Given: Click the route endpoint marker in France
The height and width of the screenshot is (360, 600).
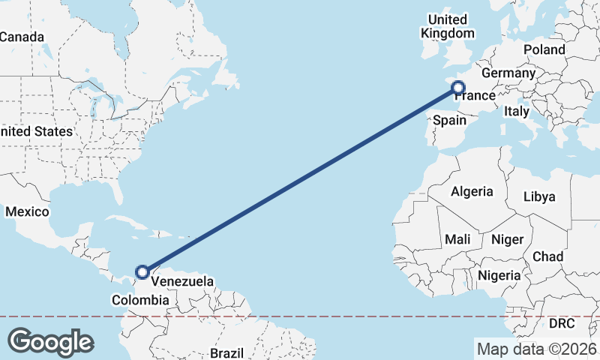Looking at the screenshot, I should [x=458, y=88].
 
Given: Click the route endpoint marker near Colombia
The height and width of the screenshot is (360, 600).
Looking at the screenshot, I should [x=142, y=272].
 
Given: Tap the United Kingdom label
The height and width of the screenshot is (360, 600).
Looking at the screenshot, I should [x=448, y=26].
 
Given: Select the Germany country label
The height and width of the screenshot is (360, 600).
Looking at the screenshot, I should [x=508, y=73].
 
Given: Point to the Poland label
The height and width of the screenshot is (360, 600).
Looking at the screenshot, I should [x=544, y=49].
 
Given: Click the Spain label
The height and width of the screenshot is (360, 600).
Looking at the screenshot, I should [x=450, y=120].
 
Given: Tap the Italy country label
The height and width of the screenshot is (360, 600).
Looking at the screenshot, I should [x=517, y=111].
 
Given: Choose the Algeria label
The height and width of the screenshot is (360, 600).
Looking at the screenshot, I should [x=472, y=191].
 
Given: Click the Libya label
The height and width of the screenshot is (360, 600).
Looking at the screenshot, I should [x=539, y=196].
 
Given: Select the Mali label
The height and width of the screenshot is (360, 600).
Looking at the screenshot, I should [x=457, y=239].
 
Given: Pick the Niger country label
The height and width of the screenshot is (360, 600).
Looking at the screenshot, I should [x=506, y=240].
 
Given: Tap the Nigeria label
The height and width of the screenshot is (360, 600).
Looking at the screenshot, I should [x=499, y=275].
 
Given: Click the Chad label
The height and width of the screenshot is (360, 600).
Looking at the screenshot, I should [x=547, y=256].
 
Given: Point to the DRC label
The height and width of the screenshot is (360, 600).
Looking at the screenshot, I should [x=562, y=323].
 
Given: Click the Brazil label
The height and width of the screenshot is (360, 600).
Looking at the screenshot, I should [x=226, y=352].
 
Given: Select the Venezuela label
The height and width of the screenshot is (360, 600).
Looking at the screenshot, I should [x=181, y=282].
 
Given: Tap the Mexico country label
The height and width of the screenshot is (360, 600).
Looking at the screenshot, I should [x=27, y=212].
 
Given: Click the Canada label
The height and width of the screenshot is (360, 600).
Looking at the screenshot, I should [x=22, y=37].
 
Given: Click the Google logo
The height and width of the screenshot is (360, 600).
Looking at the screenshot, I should [x=50, y=342].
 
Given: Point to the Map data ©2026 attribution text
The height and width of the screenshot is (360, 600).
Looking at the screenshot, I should [x=536, y=349].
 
